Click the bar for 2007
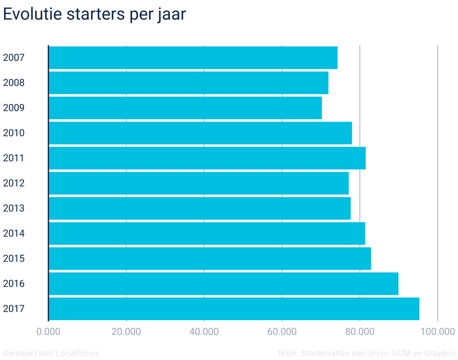tap(193, 58)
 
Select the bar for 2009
tap(185, 108)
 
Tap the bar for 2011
tap(207, 158)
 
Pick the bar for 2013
tap(199, 208)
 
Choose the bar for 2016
tap(223, 283)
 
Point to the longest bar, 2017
tap(234, 309)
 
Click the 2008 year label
tap(14, 83)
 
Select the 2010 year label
tap(14, 133)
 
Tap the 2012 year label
tap(14, 183)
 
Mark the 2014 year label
tap(14, 233)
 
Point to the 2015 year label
tap(14, 258)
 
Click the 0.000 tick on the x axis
tap(48, 331)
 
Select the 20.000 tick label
tap(126, 331)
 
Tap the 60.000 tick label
tap(282, 331)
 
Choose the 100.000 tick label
tap(437, 331)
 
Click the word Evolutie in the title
tap(32, 14)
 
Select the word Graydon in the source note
tap(440, 353)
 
